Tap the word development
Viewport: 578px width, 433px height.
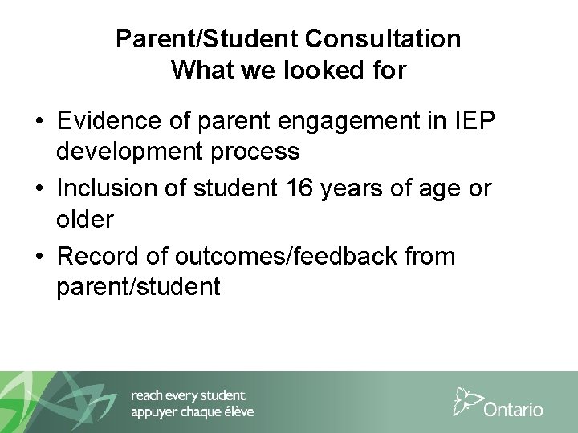[x=135, y=152]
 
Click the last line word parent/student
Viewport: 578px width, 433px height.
[x=138, y=286]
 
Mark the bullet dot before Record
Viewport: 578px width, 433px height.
[x=39, y=257]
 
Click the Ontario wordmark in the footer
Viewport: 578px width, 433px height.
[x=514, y=409]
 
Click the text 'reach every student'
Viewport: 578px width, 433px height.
[x=189, y=395]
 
